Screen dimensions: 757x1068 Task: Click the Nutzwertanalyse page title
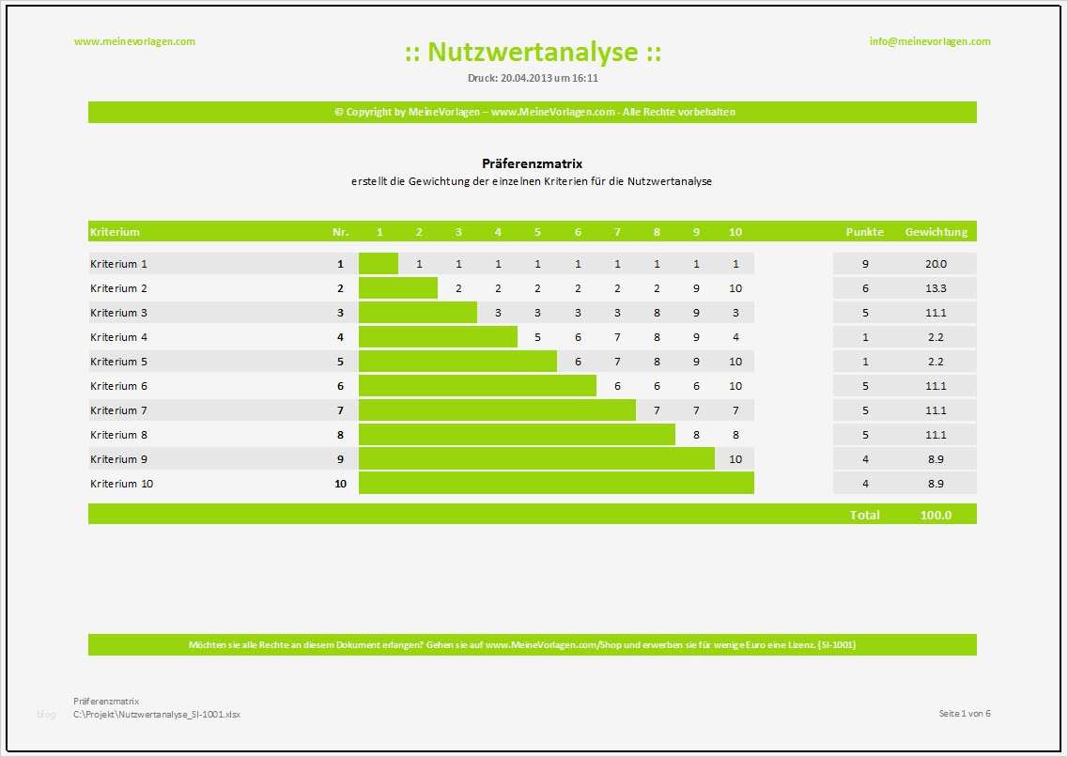pos(533,53)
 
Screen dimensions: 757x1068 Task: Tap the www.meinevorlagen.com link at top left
pos(134,41)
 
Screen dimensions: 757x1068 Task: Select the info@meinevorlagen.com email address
pos(930,41)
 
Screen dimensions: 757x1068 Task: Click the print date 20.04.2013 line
pos(533,78)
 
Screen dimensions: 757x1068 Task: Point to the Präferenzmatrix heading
pos(532,163)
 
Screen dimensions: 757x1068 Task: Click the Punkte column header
pos(864,232)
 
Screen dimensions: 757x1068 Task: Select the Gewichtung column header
pos(936,232)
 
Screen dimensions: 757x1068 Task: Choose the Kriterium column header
pos(115,232)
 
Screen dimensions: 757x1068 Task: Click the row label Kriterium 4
pos(119,337)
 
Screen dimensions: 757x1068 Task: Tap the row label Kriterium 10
pos(122,484)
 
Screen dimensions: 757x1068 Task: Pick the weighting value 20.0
pos(936,265)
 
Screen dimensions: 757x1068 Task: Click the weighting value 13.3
pos(936,288)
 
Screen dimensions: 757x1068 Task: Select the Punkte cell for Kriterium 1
pos(865,265)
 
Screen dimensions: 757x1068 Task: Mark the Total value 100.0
pos(936,515)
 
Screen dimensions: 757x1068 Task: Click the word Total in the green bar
pos(864,515)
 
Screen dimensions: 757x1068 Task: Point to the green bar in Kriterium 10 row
pos(556,484)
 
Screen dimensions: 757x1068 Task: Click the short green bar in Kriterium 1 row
pos(379,264)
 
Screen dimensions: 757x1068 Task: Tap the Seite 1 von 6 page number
pos(965,714)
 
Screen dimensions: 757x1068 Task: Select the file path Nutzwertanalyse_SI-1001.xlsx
pos(157,715)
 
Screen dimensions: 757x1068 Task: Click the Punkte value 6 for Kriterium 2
pos(865,288)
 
